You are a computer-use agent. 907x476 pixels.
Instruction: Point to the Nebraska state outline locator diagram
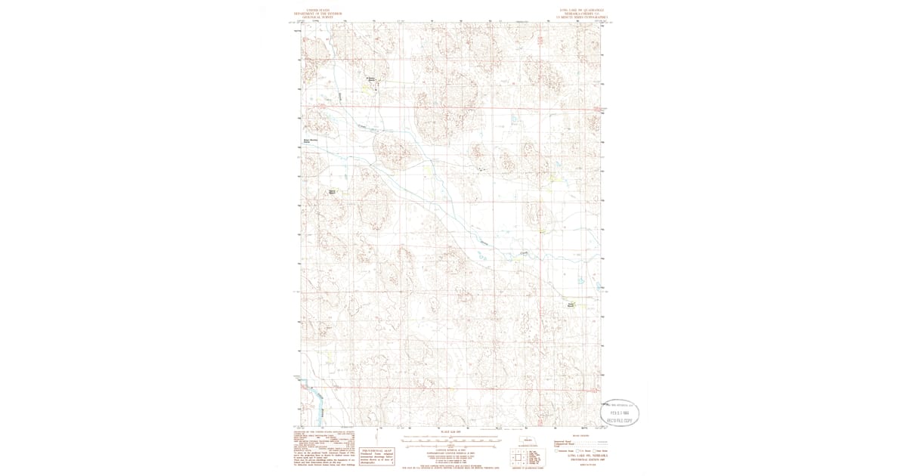(527, 441)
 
